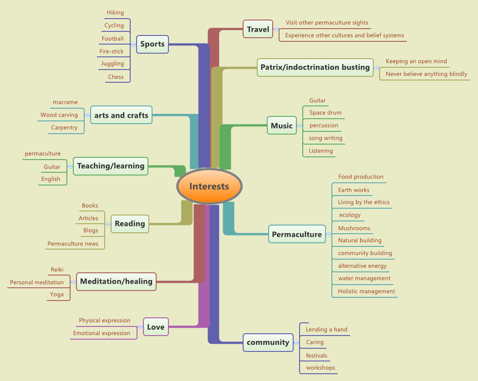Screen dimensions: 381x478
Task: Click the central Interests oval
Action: [209, 186]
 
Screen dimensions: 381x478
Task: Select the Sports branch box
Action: [153, 44]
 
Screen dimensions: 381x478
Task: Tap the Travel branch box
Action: [258, 30]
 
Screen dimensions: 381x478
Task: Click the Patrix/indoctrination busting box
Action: [315, 67]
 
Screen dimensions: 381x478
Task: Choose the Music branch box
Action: [281, 125]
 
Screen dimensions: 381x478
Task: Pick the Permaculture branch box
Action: [297, 234]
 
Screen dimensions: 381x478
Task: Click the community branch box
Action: [268, 342]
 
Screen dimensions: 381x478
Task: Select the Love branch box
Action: [156, 326]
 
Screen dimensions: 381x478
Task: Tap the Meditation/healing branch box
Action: [116, 281]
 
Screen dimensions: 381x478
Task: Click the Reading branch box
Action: [130, 224]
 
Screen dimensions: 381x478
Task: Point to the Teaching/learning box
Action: [111, 166]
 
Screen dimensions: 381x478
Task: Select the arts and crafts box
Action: [121, 115]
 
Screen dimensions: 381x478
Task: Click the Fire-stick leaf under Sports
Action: [112, 51]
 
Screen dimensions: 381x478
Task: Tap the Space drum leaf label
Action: [325, 113]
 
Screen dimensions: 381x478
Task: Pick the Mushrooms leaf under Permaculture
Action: [354, 228]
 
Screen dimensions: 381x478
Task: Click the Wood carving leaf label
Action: [59, 115]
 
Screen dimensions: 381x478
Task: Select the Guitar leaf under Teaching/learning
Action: [52, 167]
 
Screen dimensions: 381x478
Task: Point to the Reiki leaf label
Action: [57, 270]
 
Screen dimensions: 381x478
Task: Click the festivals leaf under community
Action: [316, 356]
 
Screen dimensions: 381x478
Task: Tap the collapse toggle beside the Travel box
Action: [276, 30]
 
